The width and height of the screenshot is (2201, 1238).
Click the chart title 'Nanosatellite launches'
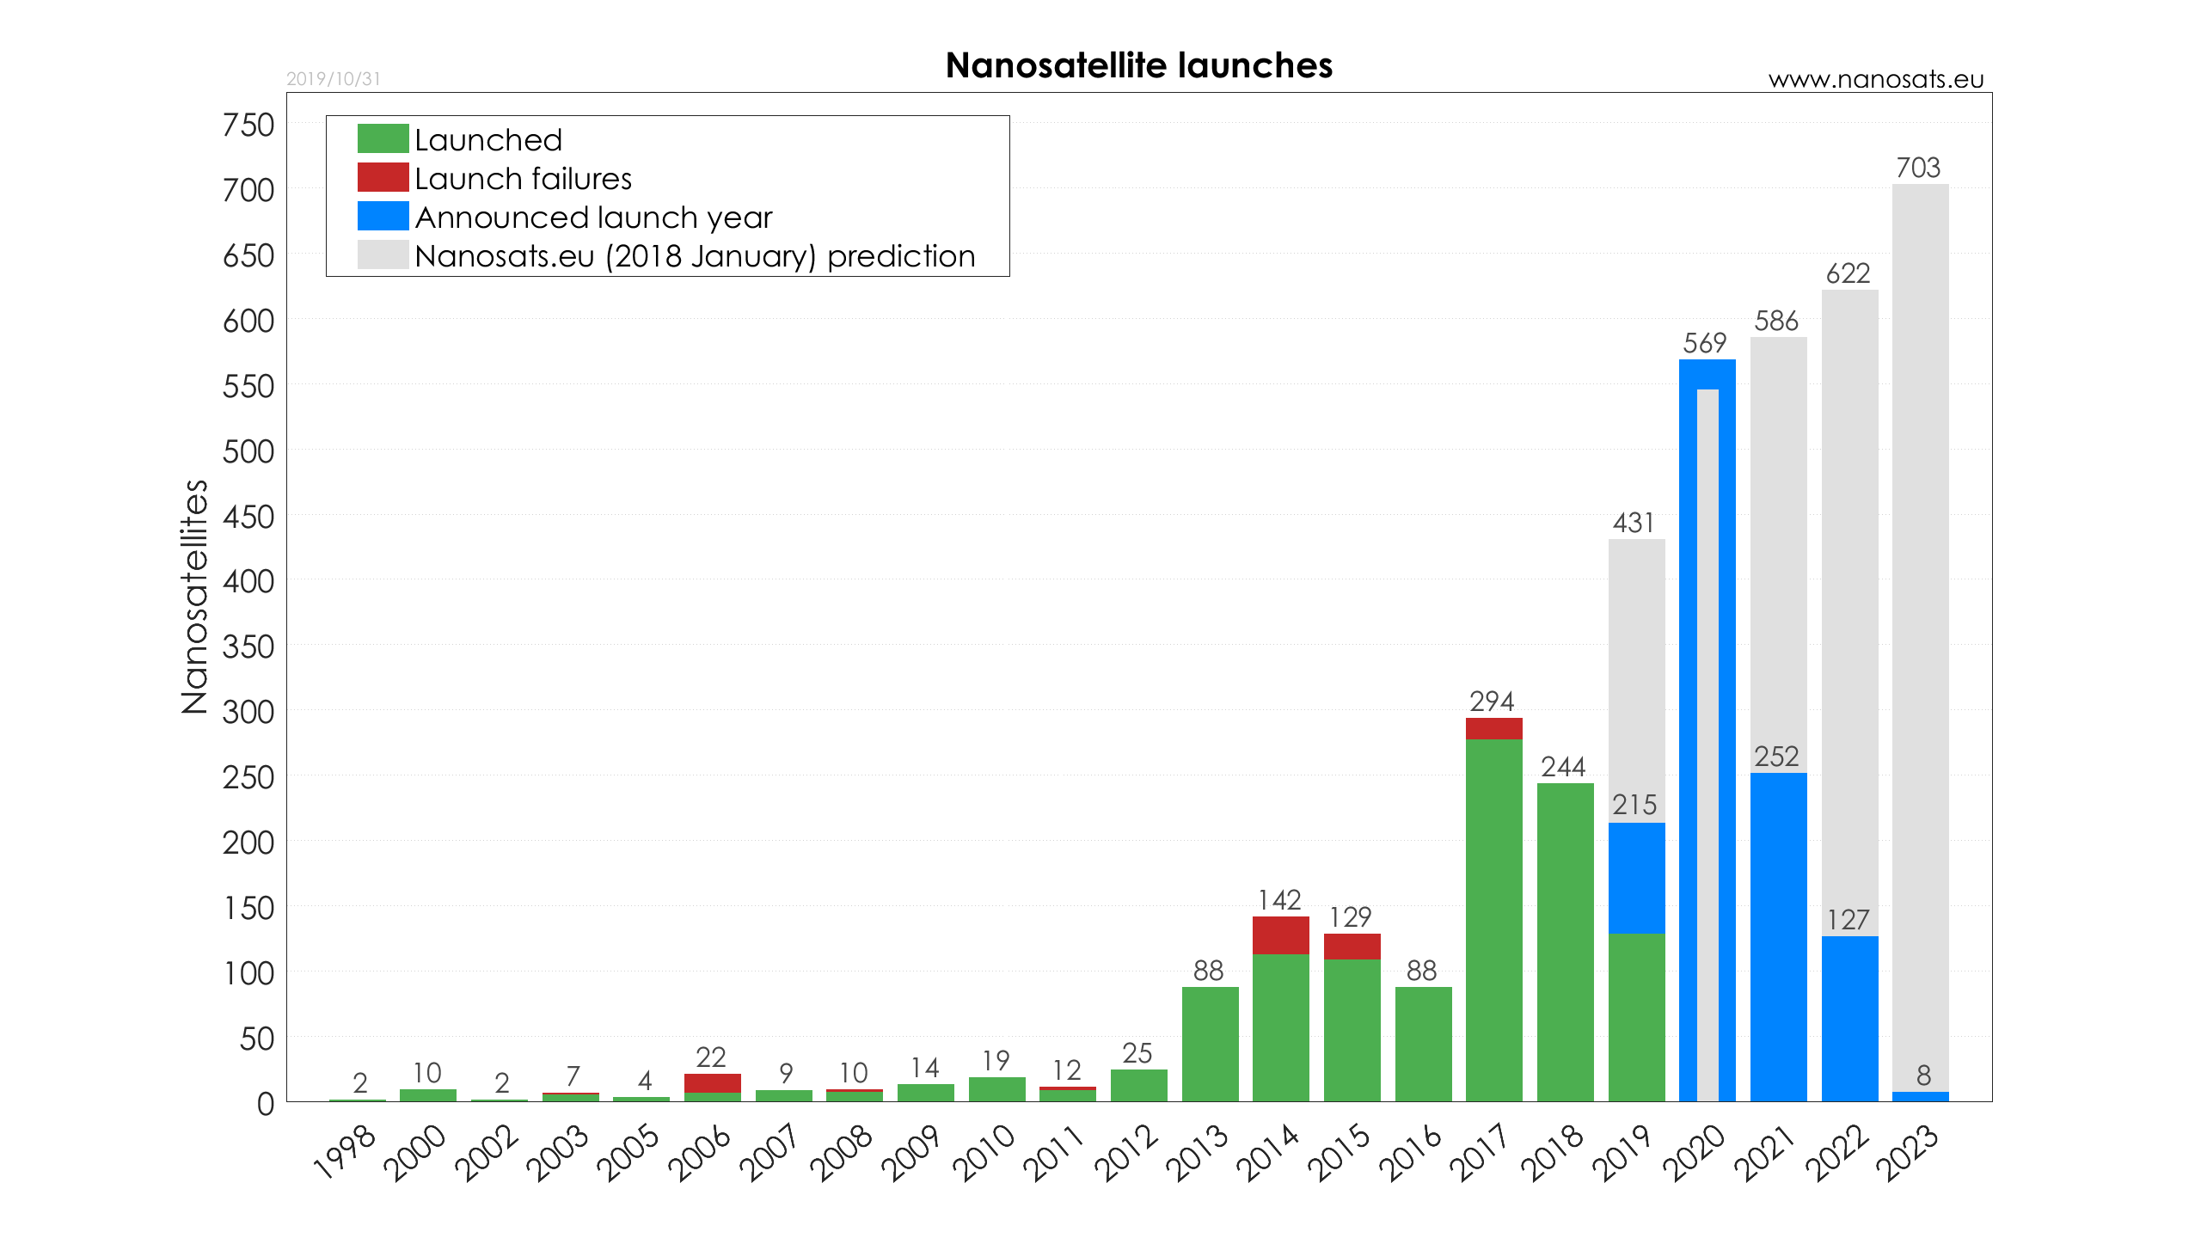click(1138, 65)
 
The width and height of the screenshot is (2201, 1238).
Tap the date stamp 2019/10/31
click(333, 79)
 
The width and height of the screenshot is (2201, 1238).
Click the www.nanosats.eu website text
click(1875, 79)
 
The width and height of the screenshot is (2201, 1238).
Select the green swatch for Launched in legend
click(383, 138)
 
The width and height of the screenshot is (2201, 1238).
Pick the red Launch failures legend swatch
click(383, 177)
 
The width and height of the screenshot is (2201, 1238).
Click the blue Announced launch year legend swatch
click(383, 216)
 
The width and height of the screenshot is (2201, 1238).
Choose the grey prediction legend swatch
click(383, 254)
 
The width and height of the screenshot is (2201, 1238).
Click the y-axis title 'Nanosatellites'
click(195, 596)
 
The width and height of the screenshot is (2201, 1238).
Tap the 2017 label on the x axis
click(1480, 1152)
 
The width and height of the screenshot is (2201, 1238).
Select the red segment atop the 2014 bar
click(1280, 935)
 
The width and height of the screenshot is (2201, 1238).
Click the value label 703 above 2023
click(1918, 168)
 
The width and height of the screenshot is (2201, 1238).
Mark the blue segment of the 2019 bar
click(1636, 877)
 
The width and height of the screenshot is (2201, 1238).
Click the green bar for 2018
click(1565, 941)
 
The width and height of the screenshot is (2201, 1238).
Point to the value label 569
click(1704, 343)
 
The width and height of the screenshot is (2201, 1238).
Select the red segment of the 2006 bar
click(712, 1082)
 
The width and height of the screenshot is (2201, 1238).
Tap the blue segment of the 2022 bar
click(1849, 1018)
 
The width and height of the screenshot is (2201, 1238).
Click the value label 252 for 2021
click(1776, 757)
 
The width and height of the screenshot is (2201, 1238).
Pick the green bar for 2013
click(1210, 1044)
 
